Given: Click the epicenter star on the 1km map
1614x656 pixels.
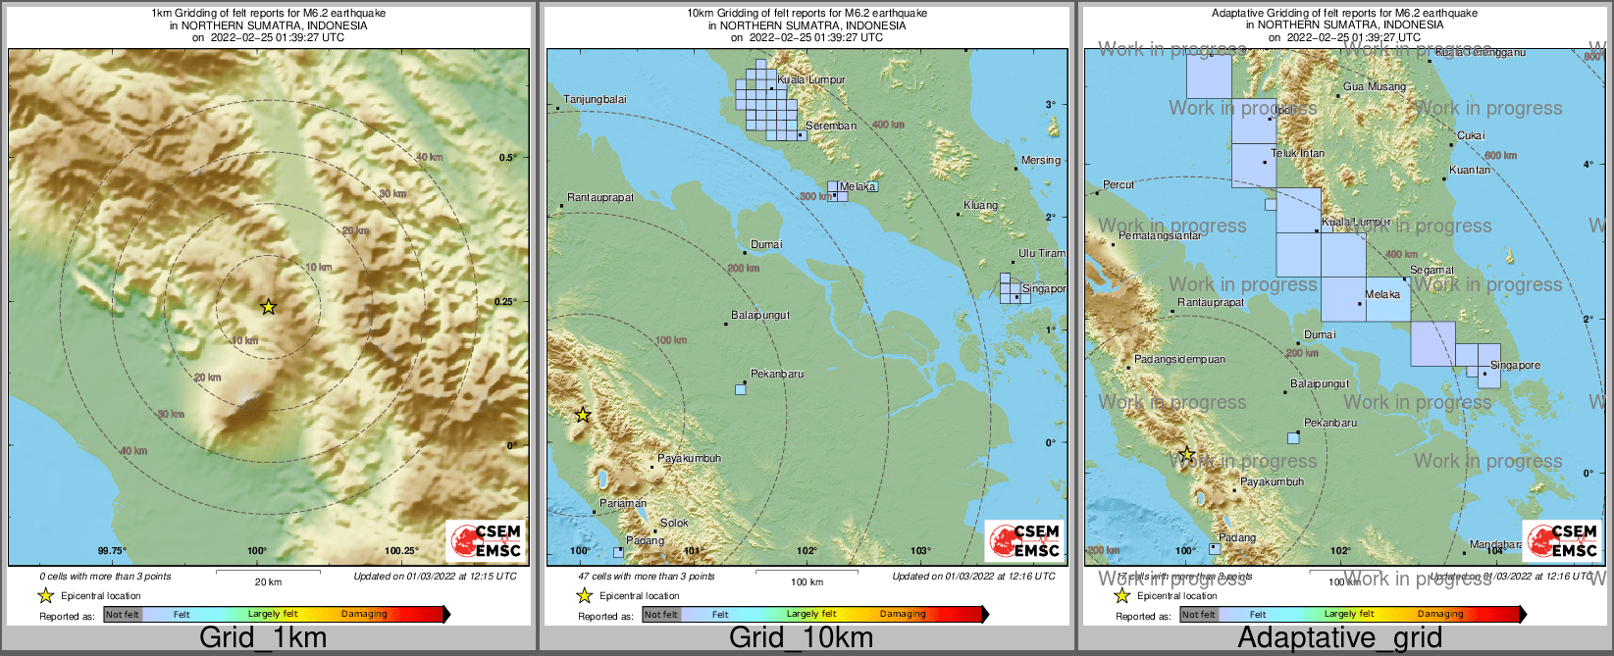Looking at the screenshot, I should click(x=268, y=307).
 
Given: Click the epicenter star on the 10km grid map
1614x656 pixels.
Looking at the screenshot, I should click(x=582, y=415).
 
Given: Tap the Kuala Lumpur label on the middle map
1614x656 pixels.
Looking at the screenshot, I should click(x=810, y=79).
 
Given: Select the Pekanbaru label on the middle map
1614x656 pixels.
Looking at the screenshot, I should click(x=776, y=374).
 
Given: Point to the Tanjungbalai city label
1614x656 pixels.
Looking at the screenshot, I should click(x=595, y=99).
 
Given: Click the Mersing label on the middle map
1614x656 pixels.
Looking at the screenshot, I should click(x=1040, y=160).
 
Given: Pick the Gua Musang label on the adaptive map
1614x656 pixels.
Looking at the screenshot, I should click(x=1374, y=86).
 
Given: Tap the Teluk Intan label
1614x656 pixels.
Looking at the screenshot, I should click(x=1297, y=153).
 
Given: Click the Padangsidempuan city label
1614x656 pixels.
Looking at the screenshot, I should click(x=1179, y=359).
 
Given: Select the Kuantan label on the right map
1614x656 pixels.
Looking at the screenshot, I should click(x=1469, y=170).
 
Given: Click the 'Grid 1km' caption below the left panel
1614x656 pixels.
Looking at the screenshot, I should click(x=263, y=638).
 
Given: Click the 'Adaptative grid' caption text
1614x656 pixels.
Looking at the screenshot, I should click(x=1339, y=638).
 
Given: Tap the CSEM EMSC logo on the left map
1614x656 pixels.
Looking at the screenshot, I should click(x=486, y=541).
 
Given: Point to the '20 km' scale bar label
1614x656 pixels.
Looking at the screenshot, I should click(x=268, y=582).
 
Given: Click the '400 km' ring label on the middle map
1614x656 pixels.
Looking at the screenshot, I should click(x=888, y=125).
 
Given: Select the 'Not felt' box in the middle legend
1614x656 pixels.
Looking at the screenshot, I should click(x=660, y=615).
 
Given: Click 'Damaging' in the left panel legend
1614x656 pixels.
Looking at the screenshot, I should click(x=364, y=614).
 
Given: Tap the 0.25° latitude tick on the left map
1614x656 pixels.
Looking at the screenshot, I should click(x=506, y=301).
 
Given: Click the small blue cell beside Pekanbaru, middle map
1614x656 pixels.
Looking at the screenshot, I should click(x=741, y=389).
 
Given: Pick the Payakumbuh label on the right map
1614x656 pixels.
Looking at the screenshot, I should click(x=1272, y=481).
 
